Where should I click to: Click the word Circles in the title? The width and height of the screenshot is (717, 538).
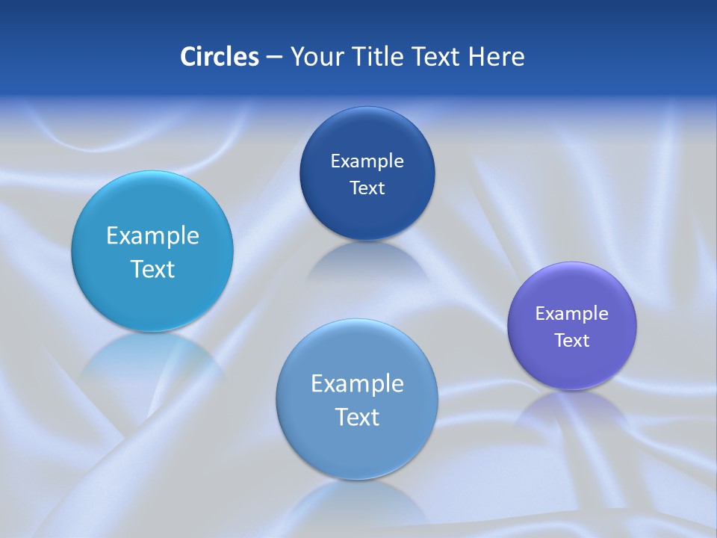220,57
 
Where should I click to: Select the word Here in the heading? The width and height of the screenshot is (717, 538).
497,57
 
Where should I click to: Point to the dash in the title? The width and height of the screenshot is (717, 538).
274,58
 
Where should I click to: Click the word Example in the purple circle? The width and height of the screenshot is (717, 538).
572,314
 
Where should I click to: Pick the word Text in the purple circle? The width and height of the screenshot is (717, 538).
572,341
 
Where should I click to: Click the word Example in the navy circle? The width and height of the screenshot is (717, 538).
367,161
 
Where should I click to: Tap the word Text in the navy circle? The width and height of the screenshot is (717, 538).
367,188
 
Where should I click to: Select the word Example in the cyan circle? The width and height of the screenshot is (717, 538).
152,236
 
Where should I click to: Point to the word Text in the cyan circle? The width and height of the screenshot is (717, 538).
152,269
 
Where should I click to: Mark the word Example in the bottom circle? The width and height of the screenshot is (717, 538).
357,384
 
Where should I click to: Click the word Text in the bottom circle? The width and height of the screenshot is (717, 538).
357,417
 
